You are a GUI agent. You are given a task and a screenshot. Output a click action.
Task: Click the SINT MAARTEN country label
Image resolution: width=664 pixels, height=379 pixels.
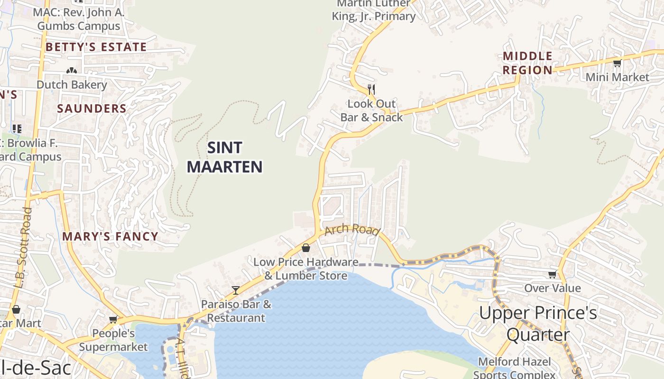[x=224, y=157]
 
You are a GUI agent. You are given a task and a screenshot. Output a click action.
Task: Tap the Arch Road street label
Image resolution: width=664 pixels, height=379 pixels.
[x=352, y=230]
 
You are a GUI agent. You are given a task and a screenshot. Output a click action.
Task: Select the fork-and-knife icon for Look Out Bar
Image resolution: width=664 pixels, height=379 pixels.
[x=371, y=89]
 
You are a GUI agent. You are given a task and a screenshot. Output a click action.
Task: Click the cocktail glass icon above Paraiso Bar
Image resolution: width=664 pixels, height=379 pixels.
[x=236, y=290]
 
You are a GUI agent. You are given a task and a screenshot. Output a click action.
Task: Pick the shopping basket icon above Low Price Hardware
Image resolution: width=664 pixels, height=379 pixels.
[x=306, y=248]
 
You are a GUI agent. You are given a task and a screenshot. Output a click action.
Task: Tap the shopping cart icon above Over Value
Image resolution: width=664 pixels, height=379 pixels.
[x=553, y=274]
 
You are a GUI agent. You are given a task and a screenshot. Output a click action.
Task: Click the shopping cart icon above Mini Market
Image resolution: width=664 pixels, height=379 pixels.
[x=617, y=63]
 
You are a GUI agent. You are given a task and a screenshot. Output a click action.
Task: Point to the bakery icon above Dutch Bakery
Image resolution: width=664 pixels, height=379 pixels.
[x=72, y=71]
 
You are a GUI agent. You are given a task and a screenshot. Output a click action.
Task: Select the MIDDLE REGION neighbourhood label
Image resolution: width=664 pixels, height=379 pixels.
[x=527, y=63]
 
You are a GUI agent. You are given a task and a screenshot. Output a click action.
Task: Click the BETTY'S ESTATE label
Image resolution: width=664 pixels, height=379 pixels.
[x=96, y=47]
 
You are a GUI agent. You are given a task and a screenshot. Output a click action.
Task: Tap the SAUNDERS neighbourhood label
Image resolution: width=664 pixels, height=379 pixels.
[x=92, y=108]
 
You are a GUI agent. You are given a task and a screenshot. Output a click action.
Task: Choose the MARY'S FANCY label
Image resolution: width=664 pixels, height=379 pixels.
[x=110, y=236]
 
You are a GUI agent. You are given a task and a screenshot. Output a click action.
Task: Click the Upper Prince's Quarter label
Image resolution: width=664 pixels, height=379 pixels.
[x=538, y=324]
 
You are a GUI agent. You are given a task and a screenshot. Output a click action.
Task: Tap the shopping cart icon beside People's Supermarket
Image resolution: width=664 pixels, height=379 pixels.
[x=113, y=319]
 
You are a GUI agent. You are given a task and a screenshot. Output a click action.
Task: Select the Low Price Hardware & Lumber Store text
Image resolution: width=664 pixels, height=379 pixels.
[x=305, y=269]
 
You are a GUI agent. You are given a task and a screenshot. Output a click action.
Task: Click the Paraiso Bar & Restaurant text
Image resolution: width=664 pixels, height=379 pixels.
[x=236, y=311]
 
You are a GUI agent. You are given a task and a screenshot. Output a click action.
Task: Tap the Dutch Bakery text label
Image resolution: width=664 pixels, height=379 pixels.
[x=72, y=85]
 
